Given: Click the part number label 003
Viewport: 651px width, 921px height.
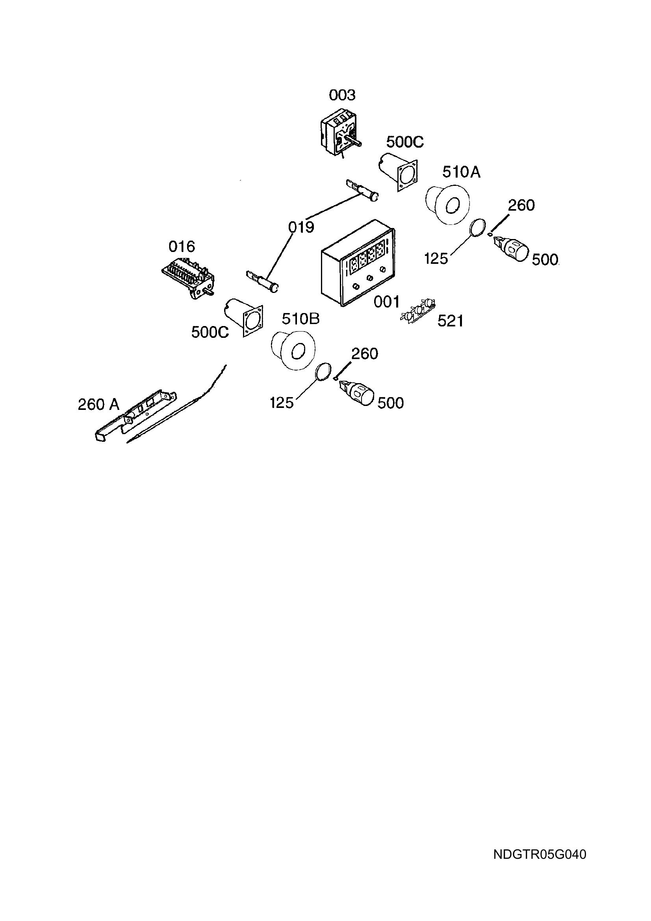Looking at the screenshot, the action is pyautogui.click(x=342, y=95).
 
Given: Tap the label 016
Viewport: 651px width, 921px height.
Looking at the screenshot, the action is pyautogui.click(x=182, y=246).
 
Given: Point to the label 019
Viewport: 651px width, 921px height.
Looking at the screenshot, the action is pyautogui.click(x=301, y=228).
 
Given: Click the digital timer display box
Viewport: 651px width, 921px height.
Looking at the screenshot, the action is pyautogui.click(x=358, y=263).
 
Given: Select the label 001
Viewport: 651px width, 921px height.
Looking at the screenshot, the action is pyautogui.click(x=387, y=302).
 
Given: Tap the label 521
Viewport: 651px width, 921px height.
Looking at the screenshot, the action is pyautogui.click(x=451, y=321).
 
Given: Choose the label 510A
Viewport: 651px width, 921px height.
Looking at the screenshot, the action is pyautogui.click(x=461, y=172).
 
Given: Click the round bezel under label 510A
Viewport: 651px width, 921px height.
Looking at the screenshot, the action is pyautogui.click(x=447, y=204).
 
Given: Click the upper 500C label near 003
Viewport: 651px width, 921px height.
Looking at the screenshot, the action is pyautogui.click(x=405, y=142).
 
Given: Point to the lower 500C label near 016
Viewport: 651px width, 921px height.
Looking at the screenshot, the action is pyautogui.click(x=210, y=332).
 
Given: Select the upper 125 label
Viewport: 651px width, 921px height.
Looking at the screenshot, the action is pyautogui.click(x=436, y=259).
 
